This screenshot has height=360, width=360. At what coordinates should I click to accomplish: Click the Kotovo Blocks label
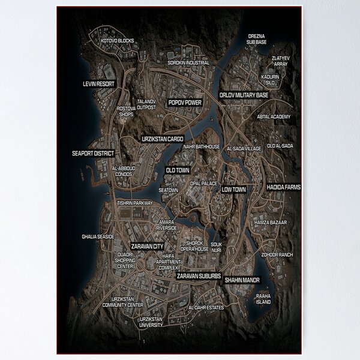pyautogui.click(x=118, y=41)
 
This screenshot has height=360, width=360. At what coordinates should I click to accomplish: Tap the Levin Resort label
pyautogui.click(x=98, y=84)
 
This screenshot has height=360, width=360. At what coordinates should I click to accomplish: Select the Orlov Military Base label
pyautogui.click(x=244, y=95)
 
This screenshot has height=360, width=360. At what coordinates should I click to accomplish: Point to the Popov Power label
pyautogui.click(x=185, y=103)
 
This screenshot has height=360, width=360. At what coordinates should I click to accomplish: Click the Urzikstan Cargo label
pyautogui.click(x=163, y=139)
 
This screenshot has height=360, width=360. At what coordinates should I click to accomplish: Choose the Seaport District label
pyautogui.click(x=93, y=154)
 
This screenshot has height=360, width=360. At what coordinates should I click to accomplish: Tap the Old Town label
pyautogui.click(x=178, y=170)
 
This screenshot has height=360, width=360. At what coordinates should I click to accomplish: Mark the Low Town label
pyautogui.click(x=234, y=190)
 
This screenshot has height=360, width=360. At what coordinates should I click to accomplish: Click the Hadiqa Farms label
pyautogui.click(x=284, y=187)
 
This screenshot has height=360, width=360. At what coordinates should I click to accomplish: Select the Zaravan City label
pyautogui.click(x=148, y=246)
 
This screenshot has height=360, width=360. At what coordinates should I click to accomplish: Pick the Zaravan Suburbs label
pyautogui.click(x=199, y=276)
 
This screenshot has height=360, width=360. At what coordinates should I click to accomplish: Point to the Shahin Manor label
pyautogui.click(x=242, y=280)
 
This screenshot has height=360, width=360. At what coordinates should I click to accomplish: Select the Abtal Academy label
pyautogui.click(x=274, y=116)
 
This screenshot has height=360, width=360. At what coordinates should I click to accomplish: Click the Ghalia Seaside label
pyautogui.click(x=98, y=237)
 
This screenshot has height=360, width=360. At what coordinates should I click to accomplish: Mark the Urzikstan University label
pyautogui.click(x=151, y=322)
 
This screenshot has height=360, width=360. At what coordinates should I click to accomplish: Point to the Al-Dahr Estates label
pyautogui.click(x=206, y=308)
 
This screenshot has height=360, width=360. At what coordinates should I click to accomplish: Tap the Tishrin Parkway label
pyautogui.click(x=135, y=203)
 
